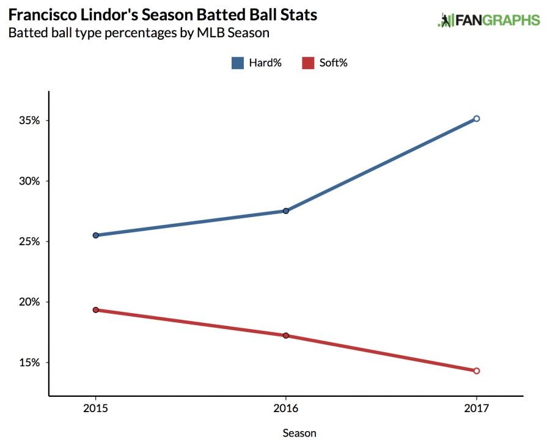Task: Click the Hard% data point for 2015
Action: click(95, 235)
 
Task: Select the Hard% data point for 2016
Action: click(285, 211)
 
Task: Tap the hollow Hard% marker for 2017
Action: click(477, 119)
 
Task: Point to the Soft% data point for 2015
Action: click(95, 310)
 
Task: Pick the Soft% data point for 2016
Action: click(285, 336)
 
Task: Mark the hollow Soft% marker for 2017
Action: click(477, 371)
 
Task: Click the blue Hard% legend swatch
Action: click(238, 62)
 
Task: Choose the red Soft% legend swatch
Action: click(309, 62)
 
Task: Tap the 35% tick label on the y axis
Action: click(29, 120)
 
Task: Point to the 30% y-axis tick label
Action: click(29, 181)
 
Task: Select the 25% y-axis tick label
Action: click(29, 242)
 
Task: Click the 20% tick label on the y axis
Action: click(29, 302)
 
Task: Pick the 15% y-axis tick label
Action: click(29, 363)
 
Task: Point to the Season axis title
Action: click(299, 433)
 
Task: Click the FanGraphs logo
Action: click(489, 20)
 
